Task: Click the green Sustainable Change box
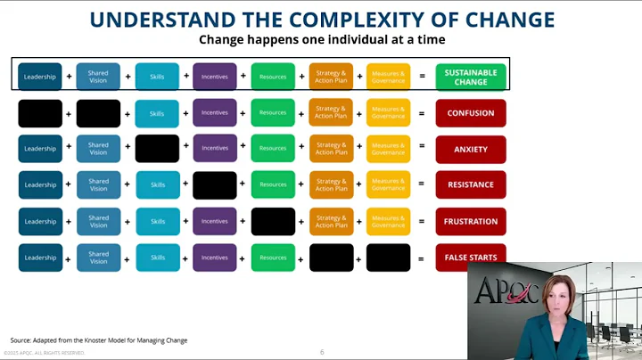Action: (x=471, y=77)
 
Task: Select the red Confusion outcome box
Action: (x=471, y=113)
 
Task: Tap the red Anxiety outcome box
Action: (x=471, y=149)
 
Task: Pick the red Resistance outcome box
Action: (x=471, y=185)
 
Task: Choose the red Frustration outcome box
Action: (x=471, y=221)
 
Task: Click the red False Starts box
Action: (x=471, y=258)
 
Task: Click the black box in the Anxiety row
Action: (x=157, y=149)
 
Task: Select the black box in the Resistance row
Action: (x=215, y=185)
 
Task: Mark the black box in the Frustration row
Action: (x=273, y=221)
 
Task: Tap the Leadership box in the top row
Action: (x=40, y=77)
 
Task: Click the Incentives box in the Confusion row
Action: (x=215, y=113)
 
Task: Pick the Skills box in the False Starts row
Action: (x=157, y=258)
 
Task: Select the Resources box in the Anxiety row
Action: (x=273, y=149)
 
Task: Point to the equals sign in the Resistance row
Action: (x=421, y=185)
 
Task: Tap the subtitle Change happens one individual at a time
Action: (x=321, y=40)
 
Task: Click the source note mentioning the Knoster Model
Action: (x=99, y=340)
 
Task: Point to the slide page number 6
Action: (x=322, y=352)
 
